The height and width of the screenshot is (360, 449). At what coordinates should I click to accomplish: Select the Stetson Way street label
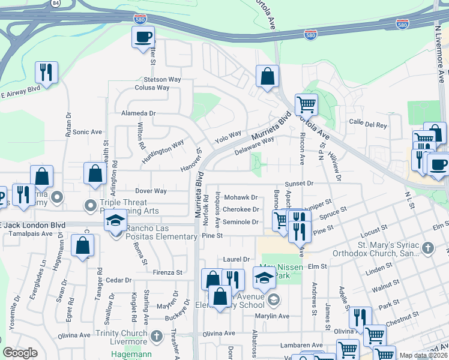click(162, 79)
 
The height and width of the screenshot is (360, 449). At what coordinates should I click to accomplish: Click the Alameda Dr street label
click(138, 113)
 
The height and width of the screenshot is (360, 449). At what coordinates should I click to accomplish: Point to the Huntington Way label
click(163, 152)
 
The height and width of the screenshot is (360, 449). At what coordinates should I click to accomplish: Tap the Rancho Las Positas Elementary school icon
click(116, 221)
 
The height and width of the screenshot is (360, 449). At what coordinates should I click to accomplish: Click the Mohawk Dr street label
click(240, 197)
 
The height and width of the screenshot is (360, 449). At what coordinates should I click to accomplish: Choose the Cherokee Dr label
click(240, 209)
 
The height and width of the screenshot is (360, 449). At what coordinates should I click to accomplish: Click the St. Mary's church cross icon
click(427, 247)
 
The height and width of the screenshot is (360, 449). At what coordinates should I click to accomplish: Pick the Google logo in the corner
click(20, 353)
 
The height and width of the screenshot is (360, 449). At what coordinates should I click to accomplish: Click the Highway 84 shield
click(56, 2)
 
